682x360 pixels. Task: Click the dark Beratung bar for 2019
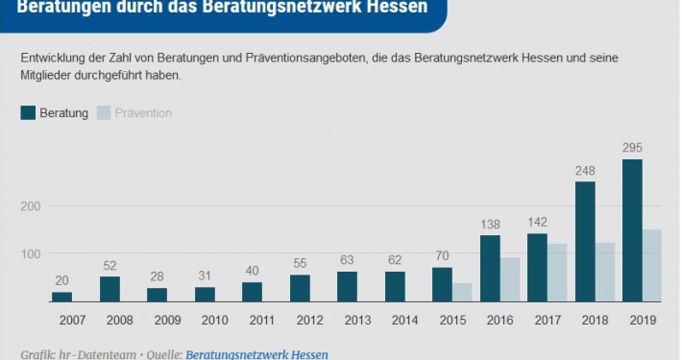coord(632,230)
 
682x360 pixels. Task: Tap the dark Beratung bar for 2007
coord(62,297)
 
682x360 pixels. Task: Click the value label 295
coord(632,148)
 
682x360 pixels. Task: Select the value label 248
coord(585,170)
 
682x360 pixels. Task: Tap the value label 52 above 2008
coord(110,266)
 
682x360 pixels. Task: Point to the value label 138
coord(490,224)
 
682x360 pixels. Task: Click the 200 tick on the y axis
coord(31,206)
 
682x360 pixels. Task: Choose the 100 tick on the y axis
coord(31,254)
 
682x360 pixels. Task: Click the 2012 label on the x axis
coord(309,320)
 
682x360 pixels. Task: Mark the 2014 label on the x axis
coord(404,320)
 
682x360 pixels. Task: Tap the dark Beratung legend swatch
coord(28,113)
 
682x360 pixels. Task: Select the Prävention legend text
coord(143,113)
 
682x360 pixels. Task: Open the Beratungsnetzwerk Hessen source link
coord(256,354)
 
